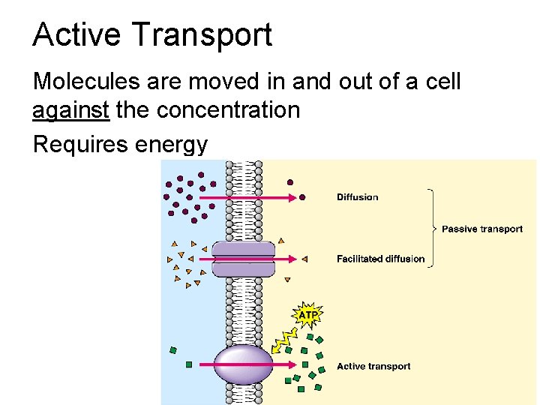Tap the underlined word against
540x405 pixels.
[71, 110]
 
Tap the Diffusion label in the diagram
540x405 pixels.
[357, 197]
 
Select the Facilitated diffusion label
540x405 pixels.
[380, 259]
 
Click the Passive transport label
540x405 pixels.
[481, 229]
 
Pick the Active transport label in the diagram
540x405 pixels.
[373, 366]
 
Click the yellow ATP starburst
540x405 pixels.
[307, 314]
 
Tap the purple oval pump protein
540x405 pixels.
[243, 364]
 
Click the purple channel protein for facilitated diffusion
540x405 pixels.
[243, 259]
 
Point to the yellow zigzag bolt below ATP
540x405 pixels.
[285, 339]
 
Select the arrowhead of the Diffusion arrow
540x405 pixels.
[294, 197]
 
